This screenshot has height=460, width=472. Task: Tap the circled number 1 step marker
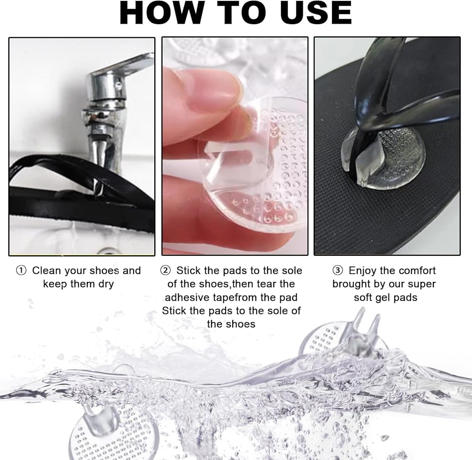(21, 271)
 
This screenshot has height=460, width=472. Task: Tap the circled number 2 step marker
(165, 271)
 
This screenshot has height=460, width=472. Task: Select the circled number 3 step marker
(337, 271)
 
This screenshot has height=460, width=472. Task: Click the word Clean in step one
(46, 270)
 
